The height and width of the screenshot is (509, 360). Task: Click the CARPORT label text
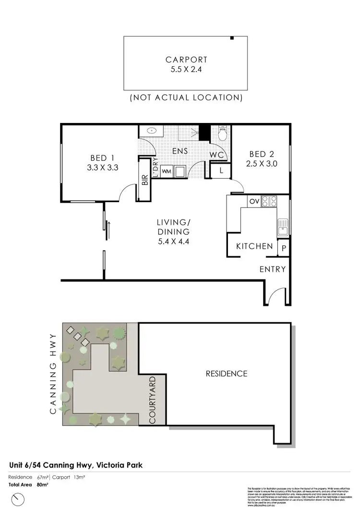(186, 60)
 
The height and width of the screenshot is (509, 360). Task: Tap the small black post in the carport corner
(232, 38)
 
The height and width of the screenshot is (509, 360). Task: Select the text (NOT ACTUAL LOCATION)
(186, 97)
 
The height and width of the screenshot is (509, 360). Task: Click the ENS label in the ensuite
(180, 151)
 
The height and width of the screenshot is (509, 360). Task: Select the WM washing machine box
(166, 171)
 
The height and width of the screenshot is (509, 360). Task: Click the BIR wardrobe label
(144, 180)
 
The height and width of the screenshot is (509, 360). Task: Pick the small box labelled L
(221, 170)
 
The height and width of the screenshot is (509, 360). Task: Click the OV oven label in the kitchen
(253, 202)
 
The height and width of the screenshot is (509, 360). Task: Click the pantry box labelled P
(284, 248)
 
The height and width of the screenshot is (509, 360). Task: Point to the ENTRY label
(273, 269)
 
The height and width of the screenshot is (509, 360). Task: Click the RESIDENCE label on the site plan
(226, 374)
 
